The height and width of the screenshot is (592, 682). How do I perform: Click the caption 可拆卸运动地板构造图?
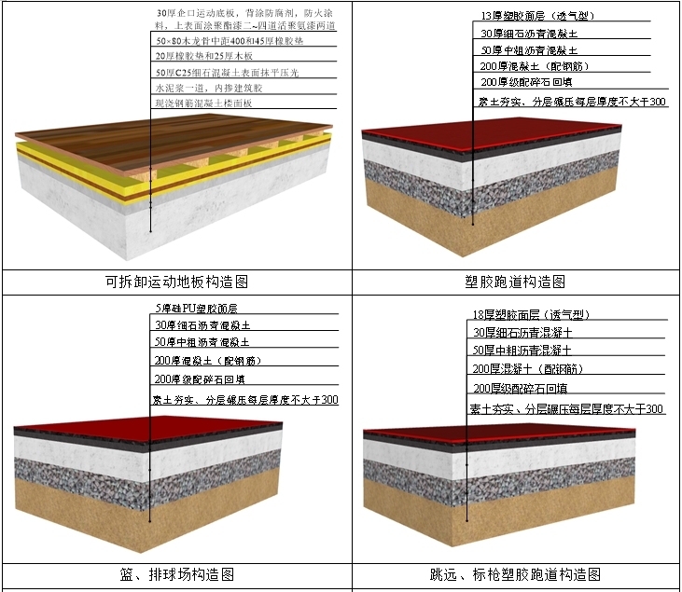click(x=175, y=282)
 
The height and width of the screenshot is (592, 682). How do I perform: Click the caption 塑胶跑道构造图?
click(x=515, y=282)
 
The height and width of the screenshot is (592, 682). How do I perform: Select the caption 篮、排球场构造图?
click(x=175, y=574)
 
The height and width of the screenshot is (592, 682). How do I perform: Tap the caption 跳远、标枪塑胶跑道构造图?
click(x=515, y=574)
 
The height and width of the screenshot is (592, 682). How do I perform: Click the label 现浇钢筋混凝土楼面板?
click(x=203, y=103)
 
